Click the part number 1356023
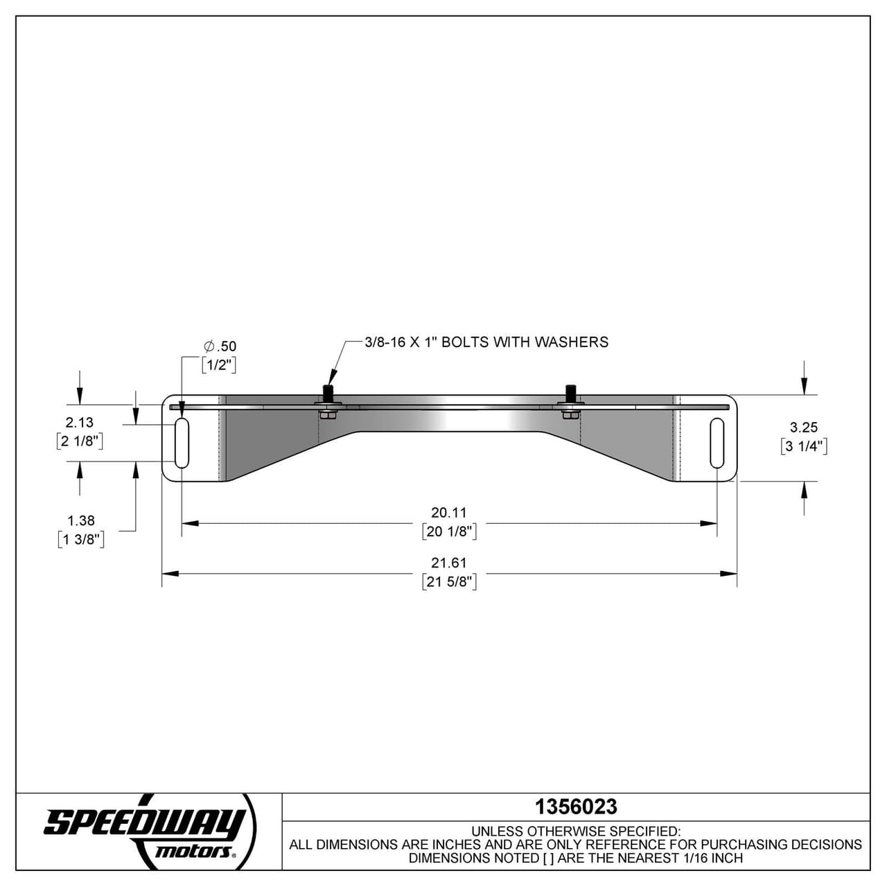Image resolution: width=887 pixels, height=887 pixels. [x=576, y=807]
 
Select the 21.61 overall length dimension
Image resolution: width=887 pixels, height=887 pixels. [x=449, y=563]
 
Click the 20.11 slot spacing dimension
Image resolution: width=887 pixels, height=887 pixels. [x=449, y=512]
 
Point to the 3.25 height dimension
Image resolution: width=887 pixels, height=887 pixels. [x=804, y=427]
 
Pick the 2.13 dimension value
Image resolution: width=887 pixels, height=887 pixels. [x=80, y=422]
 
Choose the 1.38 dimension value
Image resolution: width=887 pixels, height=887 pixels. [x=81, y=520]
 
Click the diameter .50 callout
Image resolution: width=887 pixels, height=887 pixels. [x=220, y=346]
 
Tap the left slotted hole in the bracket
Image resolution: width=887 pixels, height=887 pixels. [x=182, y=443]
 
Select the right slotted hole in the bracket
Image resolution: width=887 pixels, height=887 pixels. [x=717, y=443]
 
